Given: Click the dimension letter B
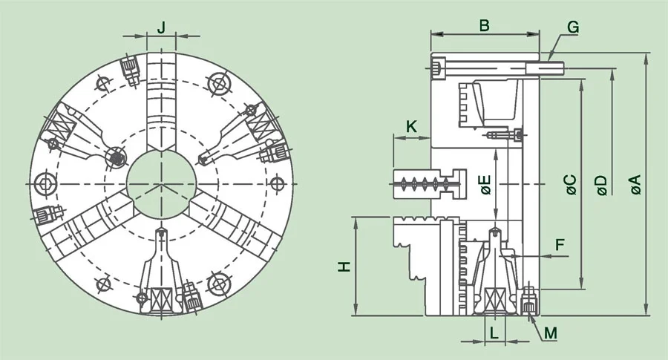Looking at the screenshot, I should coord(484,25).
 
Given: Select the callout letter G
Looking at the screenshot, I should coord(572,27).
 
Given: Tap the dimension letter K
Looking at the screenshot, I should coord(412,127).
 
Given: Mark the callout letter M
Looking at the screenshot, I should coord(550,333).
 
